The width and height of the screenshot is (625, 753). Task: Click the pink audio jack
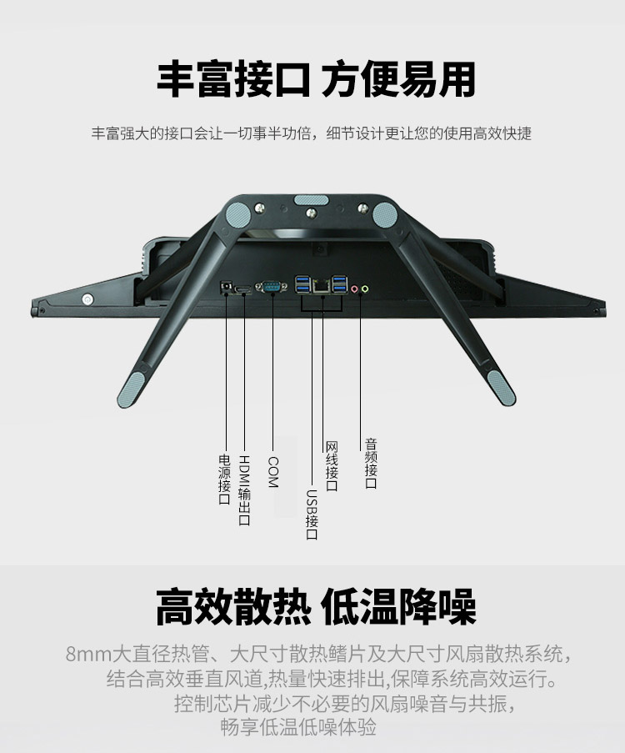[354, 289]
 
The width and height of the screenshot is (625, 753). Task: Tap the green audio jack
[365, 289]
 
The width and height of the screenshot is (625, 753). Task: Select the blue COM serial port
[271, 287]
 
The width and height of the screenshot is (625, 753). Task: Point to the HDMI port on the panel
[242, 289]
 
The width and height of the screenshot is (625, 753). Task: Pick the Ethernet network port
[321, 286]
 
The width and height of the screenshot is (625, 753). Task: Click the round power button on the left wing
[87, 299]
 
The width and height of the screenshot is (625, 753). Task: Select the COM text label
[272, 472]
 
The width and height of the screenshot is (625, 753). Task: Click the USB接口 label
[312, 515]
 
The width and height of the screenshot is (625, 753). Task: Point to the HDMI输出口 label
[244, 490]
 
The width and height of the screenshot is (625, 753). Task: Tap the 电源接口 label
[225, 479]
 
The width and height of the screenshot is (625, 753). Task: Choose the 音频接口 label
[371, 463]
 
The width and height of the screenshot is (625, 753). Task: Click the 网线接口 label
[332, 466]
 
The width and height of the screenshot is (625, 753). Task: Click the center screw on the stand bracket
[312, 213]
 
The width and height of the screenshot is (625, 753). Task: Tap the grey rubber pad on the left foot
[131, 389]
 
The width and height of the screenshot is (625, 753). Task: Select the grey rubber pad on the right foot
[502, 388]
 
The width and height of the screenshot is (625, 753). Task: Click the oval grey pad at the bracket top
[312, 200]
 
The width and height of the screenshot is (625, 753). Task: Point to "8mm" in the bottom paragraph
[89, 654]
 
